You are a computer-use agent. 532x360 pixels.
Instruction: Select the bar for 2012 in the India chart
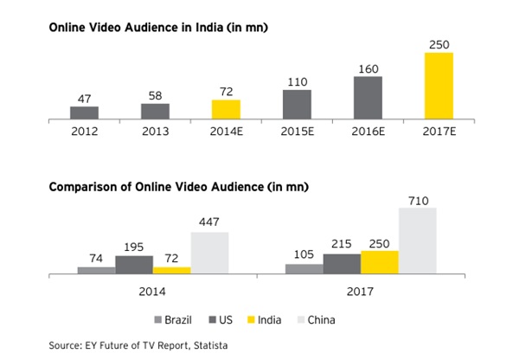coord(85,112)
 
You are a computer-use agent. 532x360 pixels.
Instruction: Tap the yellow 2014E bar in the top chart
coord(226,109)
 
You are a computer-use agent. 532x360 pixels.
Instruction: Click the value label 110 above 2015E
coord(297,81)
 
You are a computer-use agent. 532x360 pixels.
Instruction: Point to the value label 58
coord(156,96)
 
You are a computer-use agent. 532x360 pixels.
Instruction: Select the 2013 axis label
coord(156,132)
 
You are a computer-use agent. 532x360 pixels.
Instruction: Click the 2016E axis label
coord(368,132)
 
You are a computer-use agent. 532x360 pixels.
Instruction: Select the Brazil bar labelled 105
coord(304,269)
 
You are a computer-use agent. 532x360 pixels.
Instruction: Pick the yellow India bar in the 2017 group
coord(380,262)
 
